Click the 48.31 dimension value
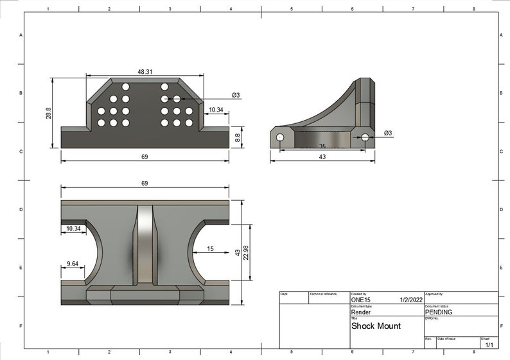pos(145,73)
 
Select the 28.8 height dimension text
pos(48,112)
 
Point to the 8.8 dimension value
pos(238,137)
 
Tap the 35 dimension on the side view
pos(322,146)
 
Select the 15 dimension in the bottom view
pos(210,248)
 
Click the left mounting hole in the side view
pos(280,137)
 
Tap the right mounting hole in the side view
pos(365,137)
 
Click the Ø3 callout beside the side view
pos(388,133)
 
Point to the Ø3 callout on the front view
pos(236,96)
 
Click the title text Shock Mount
pos(376,326)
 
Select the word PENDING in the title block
pos(439,313)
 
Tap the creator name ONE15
pos(361,300)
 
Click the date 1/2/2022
pos(410,300)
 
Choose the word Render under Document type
pos(361,313)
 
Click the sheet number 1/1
pos(489,345)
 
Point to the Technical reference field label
pos(323,294)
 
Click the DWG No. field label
pos(431,318)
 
